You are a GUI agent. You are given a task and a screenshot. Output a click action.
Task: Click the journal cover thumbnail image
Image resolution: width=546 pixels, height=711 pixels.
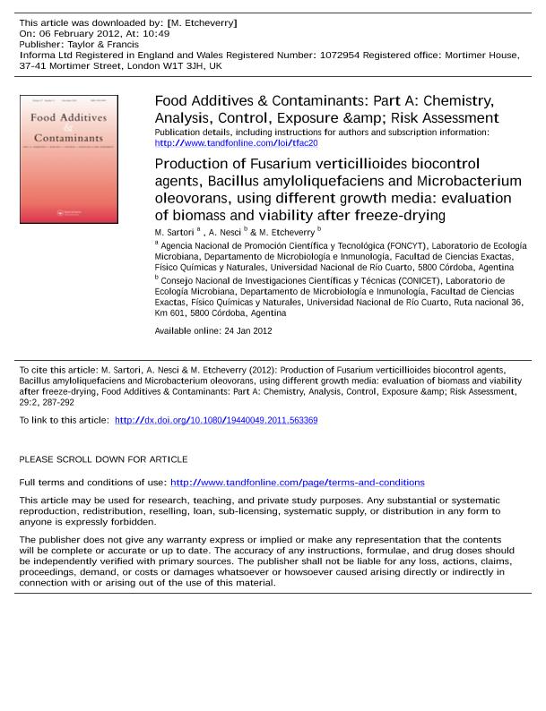coord(69,159)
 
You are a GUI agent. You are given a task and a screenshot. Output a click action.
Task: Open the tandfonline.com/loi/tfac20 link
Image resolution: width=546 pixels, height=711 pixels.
coord(236,143)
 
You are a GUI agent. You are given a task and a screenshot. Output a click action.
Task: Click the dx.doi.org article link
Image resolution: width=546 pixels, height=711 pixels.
coord(216,420)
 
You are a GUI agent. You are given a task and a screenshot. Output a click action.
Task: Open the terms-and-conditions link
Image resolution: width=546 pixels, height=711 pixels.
coord(297,483)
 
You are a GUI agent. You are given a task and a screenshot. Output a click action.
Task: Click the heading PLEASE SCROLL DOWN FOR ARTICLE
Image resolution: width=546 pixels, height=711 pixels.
coord(103,459)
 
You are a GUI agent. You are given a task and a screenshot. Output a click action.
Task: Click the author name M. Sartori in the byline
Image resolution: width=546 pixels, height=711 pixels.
coord(174,233)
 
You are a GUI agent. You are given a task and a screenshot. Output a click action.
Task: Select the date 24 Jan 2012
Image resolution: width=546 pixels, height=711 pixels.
coord(247,331)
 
